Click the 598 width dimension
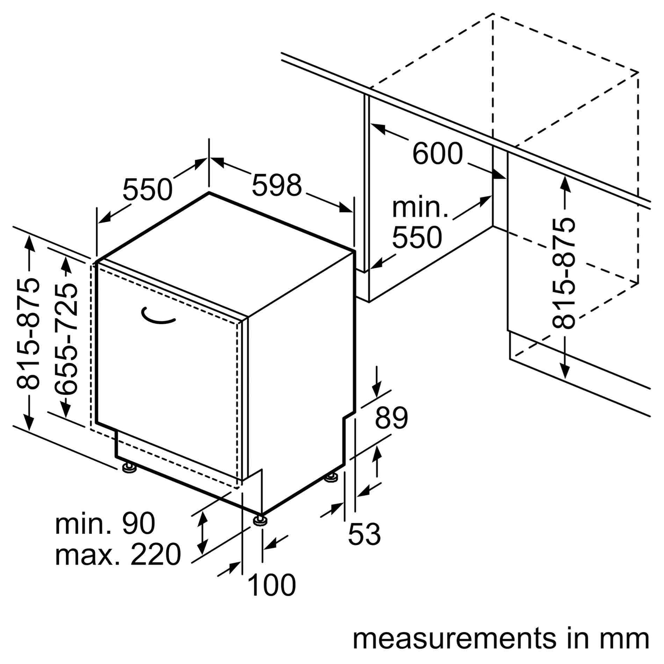pyautogui.click(x=276, y=185)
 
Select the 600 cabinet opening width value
pyautogui.click(x=438, y=153)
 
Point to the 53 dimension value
pyautogui.click(x=365, y=534)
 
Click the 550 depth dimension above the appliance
pyautogui.click(x=147, y=189)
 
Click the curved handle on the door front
pyautogui.click(x=158, y=316)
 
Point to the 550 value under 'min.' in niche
pyautogui.click(x=417, y=237)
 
